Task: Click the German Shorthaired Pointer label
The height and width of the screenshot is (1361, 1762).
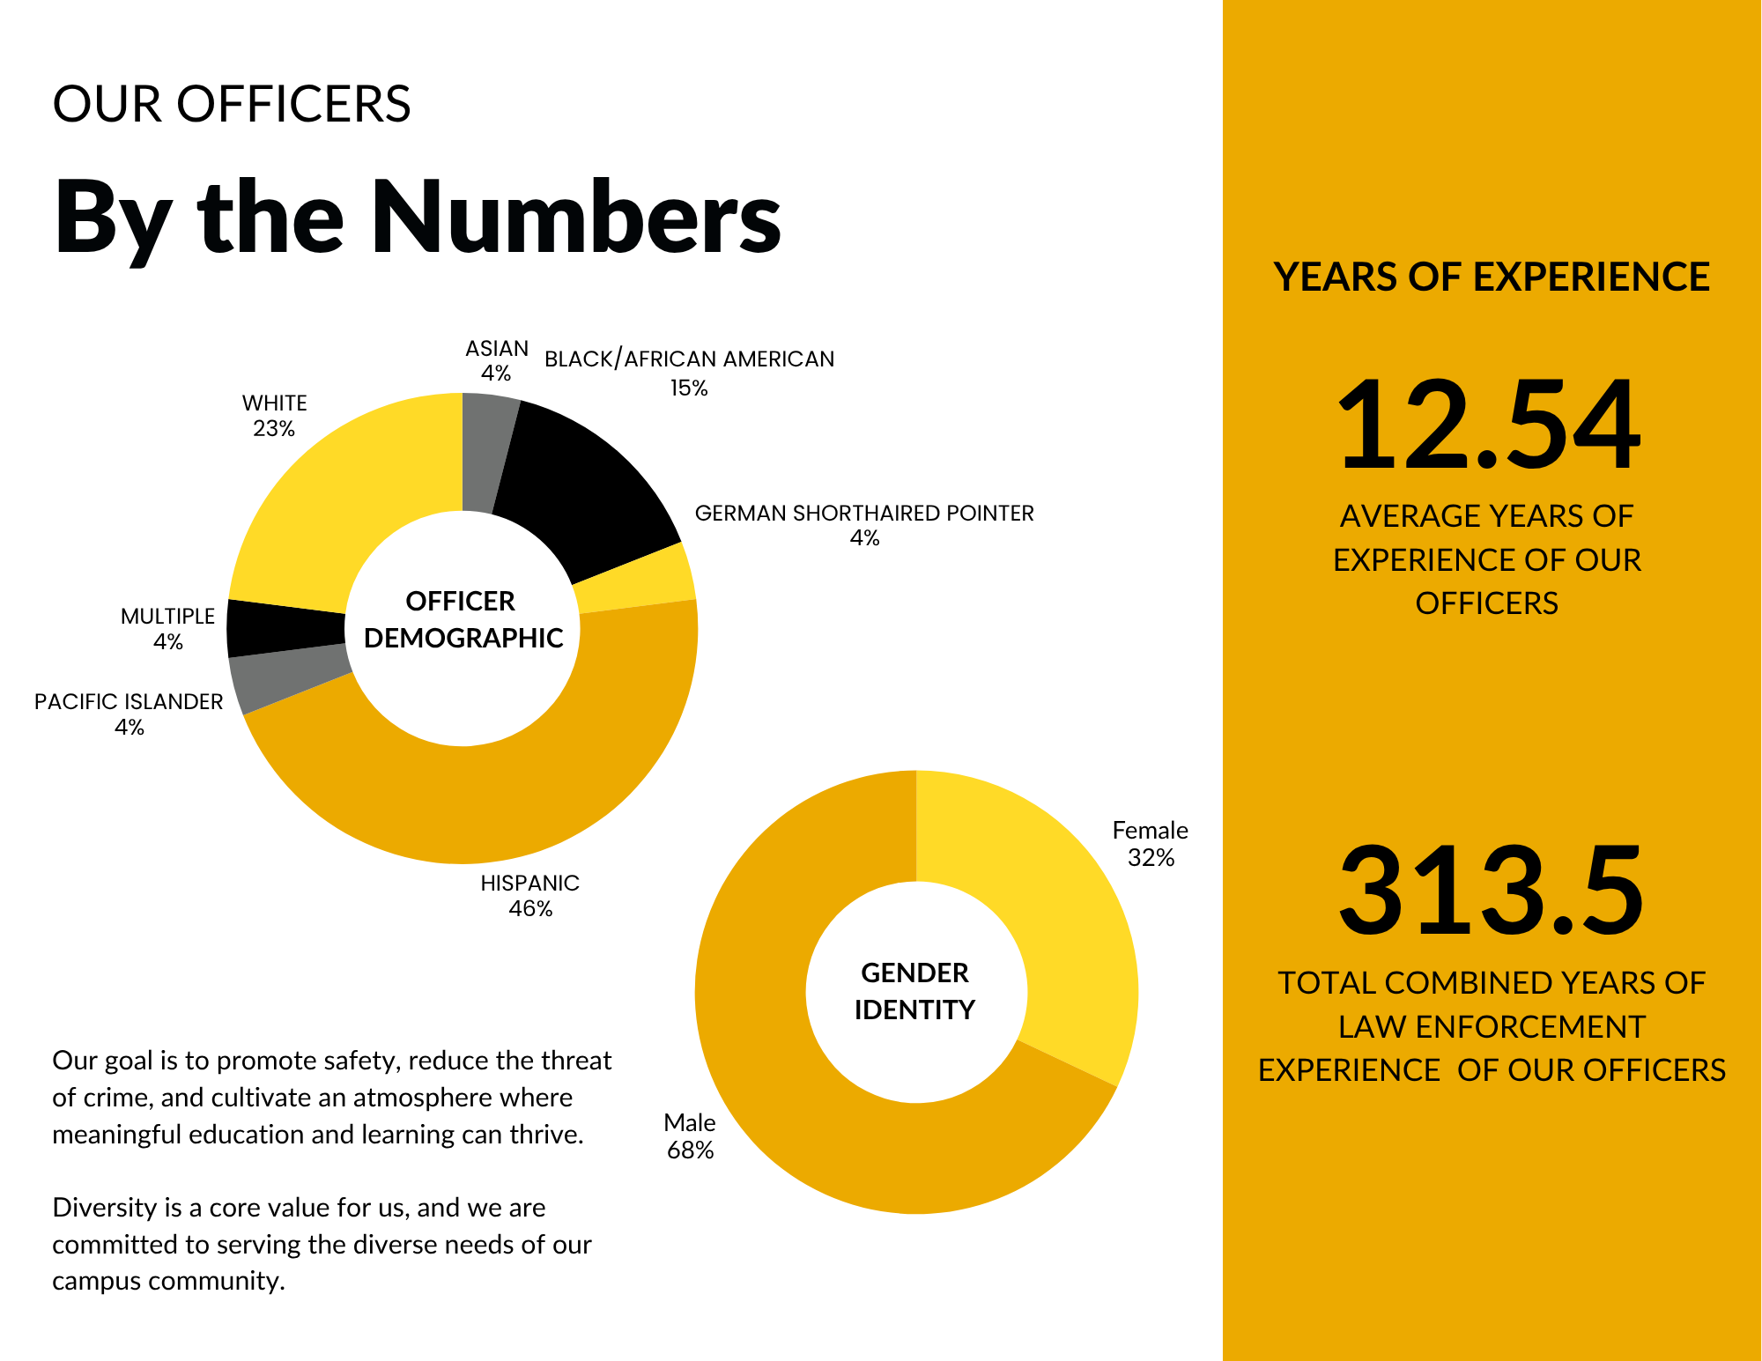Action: coord(863,514)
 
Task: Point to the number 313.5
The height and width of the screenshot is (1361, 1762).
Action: coord(1491,891)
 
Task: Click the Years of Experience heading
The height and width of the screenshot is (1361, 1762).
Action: coord(1491,277)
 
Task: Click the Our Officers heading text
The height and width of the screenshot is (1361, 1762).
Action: coord(232,104)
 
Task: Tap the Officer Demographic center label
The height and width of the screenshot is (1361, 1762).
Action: coord(463,619)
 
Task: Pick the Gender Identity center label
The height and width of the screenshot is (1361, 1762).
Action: coord(915,991)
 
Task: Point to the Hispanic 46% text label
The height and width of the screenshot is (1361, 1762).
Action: coord(529,895)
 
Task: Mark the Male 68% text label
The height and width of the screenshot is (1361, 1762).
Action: coord(689,1135)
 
